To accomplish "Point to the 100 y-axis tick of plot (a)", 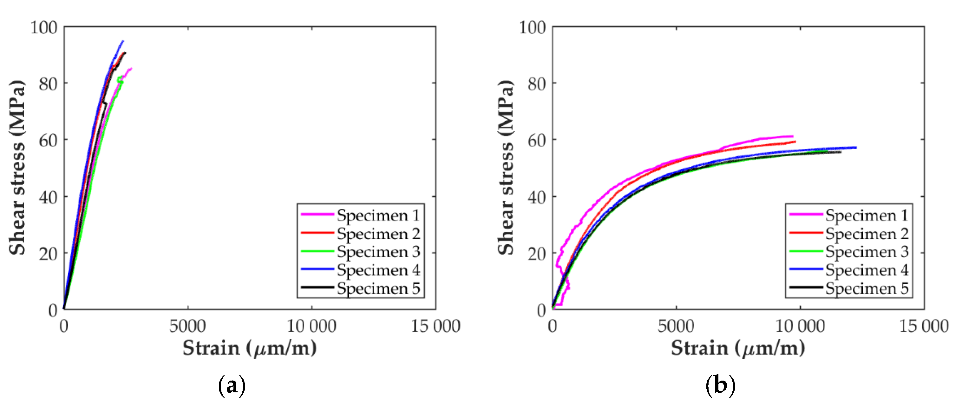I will tap(44, 28).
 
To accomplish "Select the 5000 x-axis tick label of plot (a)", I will tap(187, 326).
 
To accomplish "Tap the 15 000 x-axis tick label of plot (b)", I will tap(924, 326).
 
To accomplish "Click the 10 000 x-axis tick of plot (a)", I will tap(311, 326).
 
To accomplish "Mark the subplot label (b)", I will tap(720, 386).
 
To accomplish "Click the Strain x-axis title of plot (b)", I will tap(738, 348).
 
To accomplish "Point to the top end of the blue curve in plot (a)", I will tap(123, 41).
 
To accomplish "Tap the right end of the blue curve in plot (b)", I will tap(856, 148).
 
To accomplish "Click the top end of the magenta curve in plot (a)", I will tap(131, 68).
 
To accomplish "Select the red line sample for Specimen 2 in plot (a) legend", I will tap(317, 233).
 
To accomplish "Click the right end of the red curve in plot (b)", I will tap(795, 142).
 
